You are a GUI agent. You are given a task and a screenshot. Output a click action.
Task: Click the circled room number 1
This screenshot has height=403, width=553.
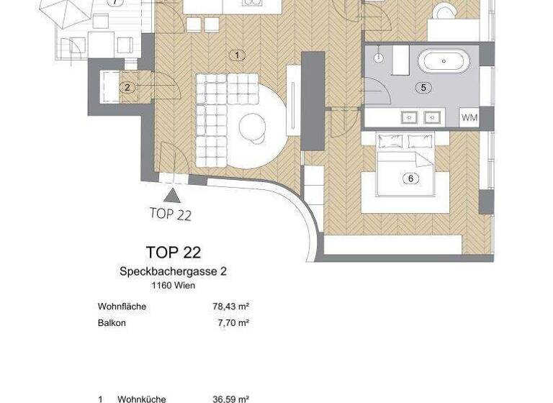coord(236,55)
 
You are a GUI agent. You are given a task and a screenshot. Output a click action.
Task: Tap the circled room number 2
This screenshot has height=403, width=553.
coord(127,88)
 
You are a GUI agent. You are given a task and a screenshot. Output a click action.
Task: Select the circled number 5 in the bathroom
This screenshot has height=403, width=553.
coord(423,89)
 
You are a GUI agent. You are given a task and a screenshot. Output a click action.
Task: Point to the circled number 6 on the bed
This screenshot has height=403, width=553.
coord(411,178)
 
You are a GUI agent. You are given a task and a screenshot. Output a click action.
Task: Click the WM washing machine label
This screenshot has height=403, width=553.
coord(469,117)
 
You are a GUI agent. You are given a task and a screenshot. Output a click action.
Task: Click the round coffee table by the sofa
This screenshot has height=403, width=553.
coord(253,127)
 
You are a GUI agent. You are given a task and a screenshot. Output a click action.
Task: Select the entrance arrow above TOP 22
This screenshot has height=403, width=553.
coord(173,194)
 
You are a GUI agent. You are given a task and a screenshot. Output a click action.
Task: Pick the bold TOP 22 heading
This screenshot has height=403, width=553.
coord(173,253)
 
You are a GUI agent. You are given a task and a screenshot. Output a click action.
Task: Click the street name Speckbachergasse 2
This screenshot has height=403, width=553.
coord(173,272)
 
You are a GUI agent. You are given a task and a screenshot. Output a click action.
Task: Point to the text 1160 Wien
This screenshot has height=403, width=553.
coord(173,286)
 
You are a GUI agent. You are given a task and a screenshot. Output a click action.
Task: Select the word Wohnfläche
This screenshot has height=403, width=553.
coord(122,307)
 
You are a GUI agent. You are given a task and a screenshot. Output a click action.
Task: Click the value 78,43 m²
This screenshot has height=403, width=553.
coord(226,307)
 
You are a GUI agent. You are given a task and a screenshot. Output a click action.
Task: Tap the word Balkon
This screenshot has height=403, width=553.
coord(112,323)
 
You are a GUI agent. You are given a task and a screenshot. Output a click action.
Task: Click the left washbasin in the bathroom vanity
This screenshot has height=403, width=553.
coord(410,116)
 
